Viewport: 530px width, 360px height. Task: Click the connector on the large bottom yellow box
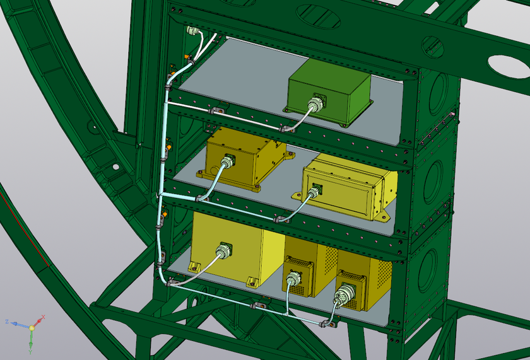coord(223,252)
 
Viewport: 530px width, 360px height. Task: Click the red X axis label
coord(44,316)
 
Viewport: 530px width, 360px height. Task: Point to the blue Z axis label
coord(7,322)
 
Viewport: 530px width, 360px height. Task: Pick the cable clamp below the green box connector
coord(287,129)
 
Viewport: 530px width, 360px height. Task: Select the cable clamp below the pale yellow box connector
coord(279,219)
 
